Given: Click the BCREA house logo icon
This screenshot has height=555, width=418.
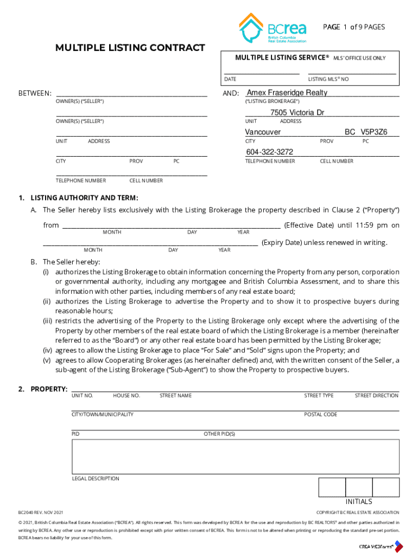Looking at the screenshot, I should pyautogui.click(x=251, y=28).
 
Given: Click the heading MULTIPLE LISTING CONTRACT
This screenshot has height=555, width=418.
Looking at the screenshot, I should pyautogui.click(x=130, y=48).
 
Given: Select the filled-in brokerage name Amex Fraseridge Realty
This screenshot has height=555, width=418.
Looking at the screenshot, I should pyautogui.click(x=287, y=93).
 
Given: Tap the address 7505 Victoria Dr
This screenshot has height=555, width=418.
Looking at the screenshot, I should pyautogui.click(x=297, y=113).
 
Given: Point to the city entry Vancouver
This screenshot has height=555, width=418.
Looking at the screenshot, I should pyautogui.click(x=263, y=132).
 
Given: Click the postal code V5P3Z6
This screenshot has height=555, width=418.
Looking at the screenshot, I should pyautogui.click(x=374, y=132).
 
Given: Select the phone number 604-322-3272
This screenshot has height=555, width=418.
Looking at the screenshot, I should pyautogui.click(x=269, y=152).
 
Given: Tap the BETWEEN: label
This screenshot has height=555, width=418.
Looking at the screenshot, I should pyautogui.click(x=35, y=93).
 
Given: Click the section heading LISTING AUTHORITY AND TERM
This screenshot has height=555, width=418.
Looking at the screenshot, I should pyautogui.click(x=84, y=197).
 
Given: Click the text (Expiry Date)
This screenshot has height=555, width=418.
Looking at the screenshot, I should pyautogui.click(x=281, y=242).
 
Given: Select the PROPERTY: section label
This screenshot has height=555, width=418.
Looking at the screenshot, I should pyautogui.click(x=49, y=389).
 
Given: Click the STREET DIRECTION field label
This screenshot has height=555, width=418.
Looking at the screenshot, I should pyautogui.click(x=376, y=396).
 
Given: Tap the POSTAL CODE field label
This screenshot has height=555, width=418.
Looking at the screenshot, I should pyautogui.click(x=320, y=415).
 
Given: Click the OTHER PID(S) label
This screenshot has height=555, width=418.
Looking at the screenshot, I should pyautogui.click(x=219, y=434).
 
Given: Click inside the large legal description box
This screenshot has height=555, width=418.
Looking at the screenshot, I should pyautogui.click(x=235, y=456).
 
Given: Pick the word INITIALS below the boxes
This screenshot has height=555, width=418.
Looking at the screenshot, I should pyautogui.click(x=359, y=501).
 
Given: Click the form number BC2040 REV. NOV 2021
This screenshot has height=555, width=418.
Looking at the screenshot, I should pyautogui.click(x=41, y=512).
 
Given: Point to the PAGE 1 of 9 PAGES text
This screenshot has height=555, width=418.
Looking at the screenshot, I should pyautogui.click(x=354, y=27).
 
